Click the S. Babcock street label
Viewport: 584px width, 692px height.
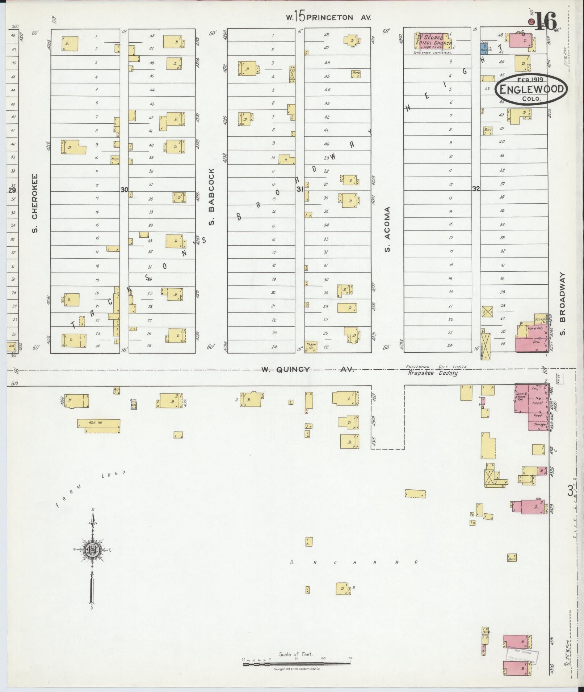coord(212,196)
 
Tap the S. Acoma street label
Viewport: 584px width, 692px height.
coord(387,229)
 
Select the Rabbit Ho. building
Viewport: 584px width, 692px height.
coord(311,346)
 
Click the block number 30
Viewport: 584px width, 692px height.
coord(124,189)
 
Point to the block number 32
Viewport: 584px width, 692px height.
coord(476,188)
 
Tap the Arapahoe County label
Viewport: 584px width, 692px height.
coord(433,373)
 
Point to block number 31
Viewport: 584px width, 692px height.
coord(300,189)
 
